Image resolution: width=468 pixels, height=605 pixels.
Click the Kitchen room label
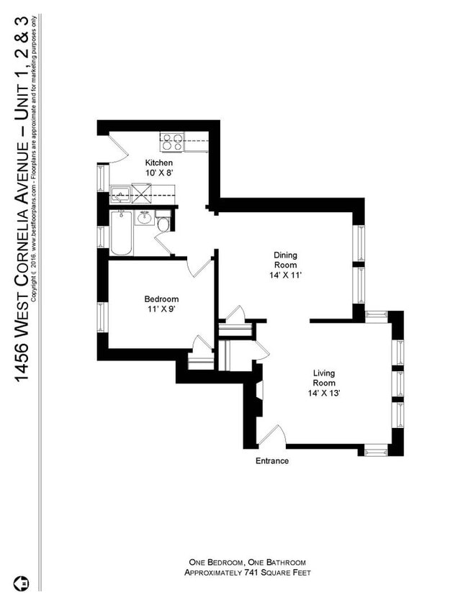158,163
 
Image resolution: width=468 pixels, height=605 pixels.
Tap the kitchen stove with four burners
171,142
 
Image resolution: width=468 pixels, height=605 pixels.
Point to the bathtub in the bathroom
121,233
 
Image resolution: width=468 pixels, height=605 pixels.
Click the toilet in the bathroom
163,224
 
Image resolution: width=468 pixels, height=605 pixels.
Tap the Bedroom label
161,299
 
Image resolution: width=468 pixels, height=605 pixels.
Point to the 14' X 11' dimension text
285,275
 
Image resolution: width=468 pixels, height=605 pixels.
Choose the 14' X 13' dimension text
324,393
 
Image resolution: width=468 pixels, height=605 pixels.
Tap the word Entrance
272,461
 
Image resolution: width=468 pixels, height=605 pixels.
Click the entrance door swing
273,435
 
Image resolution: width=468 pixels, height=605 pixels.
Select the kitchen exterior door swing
118,147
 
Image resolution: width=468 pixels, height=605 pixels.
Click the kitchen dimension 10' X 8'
158,173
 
